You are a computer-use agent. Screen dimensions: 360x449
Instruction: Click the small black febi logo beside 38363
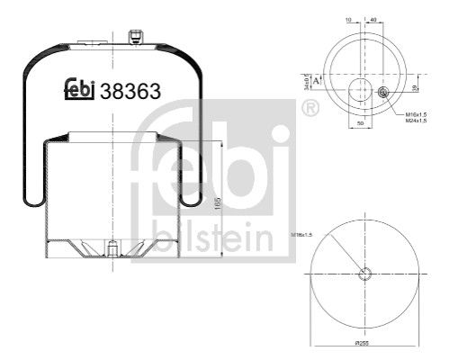coord(82,88)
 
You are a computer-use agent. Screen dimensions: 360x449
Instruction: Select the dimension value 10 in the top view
coord(348,18)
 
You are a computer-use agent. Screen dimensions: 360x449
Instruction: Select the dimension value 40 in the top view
coord(373,18)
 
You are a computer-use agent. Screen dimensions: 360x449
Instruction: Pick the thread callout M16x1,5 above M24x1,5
coord(416,114)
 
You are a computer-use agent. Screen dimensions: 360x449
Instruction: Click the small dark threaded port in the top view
coord(383,92)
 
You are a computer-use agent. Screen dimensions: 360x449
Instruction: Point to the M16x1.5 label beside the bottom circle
coord(303,235)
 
